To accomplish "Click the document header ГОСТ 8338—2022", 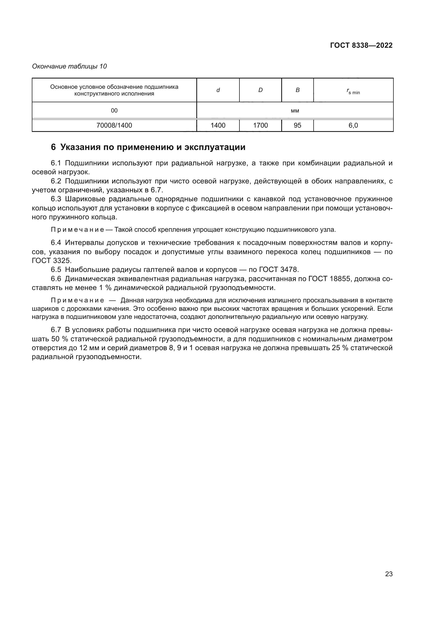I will click(361, 45).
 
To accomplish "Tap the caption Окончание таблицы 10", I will click(70, 66).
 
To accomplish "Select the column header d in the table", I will click(218, 90).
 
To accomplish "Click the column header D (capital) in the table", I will click(260, 90).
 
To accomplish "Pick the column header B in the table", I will click(297, 90).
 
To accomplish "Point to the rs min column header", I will click(353, 91).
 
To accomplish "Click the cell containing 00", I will click(114, 111).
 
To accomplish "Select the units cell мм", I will click(295, 111).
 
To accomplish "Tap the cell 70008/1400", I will click(114, 125).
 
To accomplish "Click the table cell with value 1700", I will click(260, 125).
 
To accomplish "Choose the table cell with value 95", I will click(297, 125).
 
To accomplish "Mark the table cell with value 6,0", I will click(353, 125).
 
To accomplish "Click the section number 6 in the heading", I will click(53, 147).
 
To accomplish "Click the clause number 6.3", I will click(56, 199).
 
